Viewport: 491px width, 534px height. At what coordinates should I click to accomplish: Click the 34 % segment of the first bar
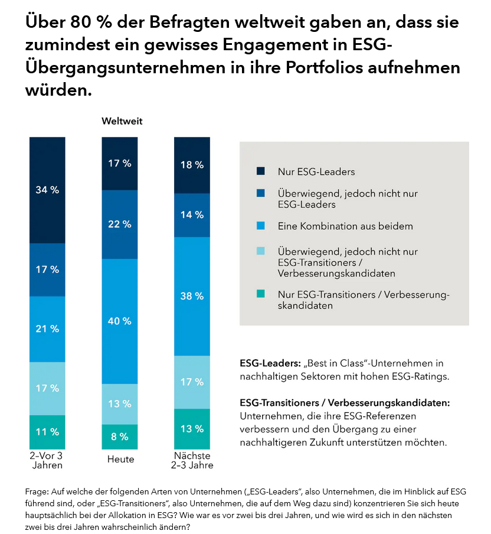[47, 190]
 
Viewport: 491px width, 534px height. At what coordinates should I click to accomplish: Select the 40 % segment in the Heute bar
[119, 321]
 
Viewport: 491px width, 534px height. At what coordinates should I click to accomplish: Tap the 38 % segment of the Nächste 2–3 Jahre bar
[192, 296]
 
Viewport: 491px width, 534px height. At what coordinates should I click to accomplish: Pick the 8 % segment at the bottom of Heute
[119, 437]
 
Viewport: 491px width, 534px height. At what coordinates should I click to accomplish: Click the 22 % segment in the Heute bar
[119, 224]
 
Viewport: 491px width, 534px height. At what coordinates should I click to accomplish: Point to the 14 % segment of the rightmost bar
[192, 215]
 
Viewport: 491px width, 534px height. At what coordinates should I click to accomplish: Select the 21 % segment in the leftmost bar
[47, 329]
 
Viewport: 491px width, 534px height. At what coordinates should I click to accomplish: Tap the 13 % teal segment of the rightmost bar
[192, 429]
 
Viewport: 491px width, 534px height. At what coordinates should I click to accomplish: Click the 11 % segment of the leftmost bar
[47, 432]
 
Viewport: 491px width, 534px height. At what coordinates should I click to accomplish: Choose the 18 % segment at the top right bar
[192, 165]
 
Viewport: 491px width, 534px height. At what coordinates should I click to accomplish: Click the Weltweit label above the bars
[122, 122]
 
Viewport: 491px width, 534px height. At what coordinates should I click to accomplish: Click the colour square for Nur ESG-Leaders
[261, 171]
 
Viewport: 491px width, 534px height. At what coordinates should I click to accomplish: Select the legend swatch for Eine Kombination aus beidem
[261, 226]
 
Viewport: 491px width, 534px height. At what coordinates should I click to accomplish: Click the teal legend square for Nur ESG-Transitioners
[261, 294]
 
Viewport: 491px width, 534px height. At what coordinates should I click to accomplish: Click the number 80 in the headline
[81, 24]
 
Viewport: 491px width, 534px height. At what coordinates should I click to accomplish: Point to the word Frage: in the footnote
[37, 491]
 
